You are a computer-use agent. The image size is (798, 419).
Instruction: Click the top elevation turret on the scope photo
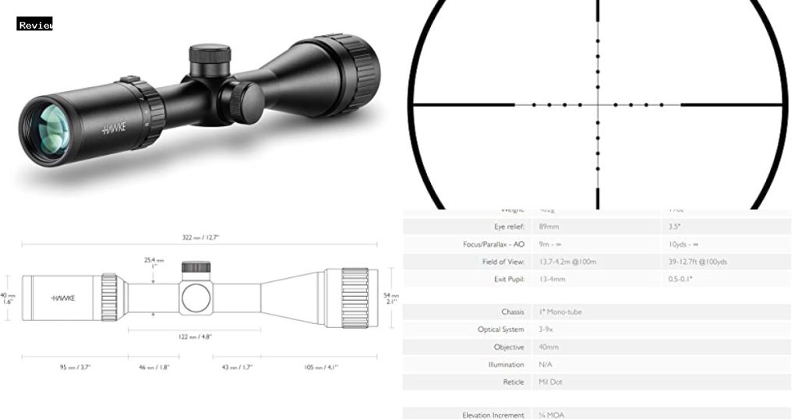pos(210,57)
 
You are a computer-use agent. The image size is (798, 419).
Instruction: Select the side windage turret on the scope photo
pos(242,102)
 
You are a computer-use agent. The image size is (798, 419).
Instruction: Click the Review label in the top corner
pos(35,25)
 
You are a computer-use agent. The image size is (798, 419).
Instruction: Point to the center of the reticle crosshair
pos(598,104)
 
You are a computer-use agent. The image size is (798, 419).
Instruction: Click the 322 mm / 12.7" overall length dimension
pos(199,237)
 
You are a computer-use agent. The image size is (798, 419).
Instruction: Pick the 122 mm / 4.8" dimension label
pos(195,336)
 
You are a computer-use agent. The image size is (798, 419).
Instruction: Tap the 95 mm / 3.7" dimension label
pos(75,367)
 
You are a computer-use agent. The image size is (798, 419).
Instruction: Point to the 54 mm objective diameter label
pos(392,298)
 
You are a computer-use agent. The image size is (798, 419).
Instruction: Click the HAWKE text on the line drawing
pos(63,298)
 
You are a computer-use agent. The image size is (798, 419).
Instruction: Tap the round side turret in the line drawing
pos(196,298)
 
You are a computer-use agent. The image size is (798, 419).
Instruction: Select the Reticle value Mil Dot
pos(550,382)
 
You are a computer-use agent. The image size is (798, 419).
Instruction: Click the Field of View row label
pos(503,262)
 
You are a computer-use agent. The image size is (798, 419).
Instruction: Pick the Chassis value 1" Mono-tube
pos(560,312)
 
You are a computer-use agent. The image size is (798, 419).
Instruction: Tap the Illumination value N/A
pos(546,364)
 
